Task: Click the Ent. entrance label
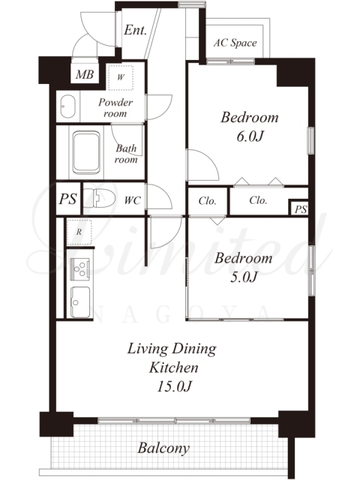[x=135, y=30]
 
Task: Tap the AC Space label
[x=235, y=43]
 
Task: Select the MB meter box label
[x=85, y=74]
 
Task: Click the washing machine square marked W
[x=120, y=77]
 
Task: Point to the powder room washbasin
[x=67, y=106]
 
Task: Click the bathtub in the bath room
[x=86, y=152]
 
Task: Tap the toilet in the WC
[x=99, y=199]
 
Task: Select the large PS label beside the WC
[x=67, y=199]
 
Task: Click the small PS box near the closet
[x=300, y=208]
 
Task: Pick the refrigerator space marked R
[x=79, y=232]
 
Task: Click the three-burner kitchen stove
[x=79, y=268]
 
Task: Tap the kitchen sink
[x=80, y=302]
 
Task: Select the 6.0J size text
[x=250, y=136]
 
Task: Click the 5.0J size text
[x=243, y=277]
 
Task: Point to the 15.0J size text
[x=174, y=387]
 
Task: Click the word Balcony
[x=163, y=448]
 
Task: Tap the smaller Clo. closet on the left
[x=207, y=201]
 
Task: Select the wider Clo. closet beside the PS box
[x=258, y=200]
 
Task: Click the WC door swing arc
[x=163, y=192]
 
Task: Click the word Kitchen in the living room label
[x=173, y=367]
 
